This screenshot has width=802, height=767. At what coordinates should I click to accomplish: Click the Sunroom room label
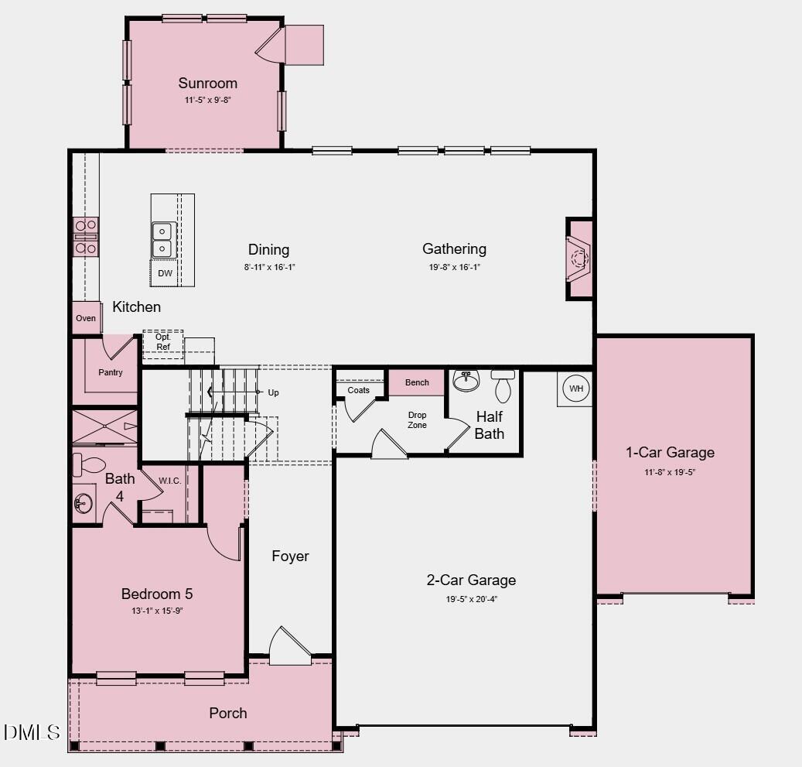click(x=207, y=83)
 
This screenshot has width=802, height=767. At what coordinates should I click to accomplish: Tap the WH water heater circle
click(x=576, y=388)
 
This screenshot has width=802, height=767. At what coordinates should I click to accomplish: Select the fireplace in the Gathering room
click(x=579, y=258)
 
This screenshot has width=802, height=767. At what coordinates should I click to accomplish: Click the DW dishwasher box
click(x=165, y=273)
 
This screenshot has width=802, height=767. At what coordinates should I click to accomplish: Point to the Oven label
click(x=86, y=318)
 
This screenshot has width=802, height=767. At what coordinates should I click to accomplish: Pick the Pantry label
click(x=111, y=372)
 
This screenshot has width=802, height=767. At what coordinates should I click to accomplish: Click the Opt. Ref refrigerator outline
click(x=163, y=342)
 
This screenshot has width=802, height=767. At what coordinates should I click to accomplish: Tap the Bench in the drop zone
click(x=417, y=382)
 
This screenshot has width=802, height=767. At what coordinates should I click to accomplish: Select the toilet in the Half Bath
click(x=503, y=385)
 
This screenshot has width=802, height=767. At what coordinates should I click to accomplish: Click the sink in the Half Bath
click(x=466, y=380)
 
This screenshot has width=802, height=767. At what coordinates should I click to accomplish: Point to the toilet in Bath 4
click(x=89, y=465)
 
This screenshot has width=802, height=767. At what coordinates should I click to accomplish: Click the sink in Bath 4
click(x=84, y=504)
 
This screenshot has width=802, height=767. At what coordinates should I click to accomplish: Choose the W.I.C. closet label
click(x=170, y=481)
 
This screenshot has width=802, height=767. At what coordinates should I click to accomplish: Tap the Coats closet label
click(x=358, y=390)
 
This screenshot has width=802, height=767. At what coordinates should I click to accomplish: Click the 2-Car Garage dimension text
click(x=472, y=598)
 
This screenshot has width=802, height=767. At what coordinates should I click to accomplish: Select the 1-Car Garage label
click(x=670, y=452)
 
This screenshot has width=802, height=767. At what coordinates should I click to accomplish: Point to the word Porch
click(x=228, y=713)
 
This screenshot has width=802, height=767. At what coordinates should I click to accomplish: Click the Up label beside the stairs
click(x=273, y=392)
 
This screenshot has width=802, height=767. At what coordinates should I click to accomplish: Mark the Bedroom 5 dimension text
click(x=157, y=611)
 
